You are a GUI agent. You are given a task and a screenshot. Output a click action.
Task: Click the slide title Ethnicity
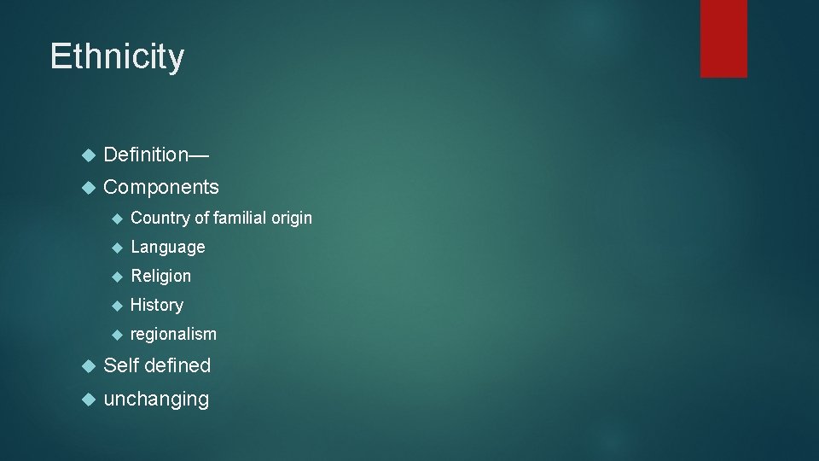coord(117,57)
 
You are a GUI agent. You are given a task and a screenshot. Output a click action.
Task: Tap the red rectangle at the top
coord(723,38)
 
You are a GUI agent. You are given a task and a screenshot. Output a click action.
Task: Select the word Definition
coord(145,155)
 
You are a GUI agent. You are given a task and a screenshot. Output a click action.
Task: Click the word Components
coord(161,187)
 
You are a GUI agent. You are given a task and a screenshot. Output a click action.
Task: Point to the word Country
coord(160,219)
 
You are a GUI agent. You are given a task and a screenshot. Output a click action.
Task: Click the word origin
coord(292,219)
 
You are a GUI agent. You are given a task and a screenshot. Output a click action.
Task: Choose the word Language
coord(168,248)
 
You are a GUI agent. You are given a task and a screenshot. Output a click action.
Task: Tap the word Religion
coord(161,277)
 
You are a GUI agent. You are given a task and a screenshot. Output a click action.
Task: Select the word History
coord(157,305)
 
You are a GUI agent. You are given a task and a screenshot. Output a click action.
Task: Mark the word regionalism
coord(173,334)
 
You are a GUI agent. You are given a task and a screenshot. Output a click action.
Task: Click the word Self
coord(120,365)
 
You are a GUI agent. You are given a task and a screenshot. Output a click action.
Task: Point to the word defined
coord(177,365)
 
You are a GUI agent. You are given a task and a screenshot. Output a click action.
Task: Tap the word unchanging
coord(156,399)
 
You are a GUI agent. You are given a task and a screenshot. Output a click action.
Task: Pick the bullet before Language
coord(117,248)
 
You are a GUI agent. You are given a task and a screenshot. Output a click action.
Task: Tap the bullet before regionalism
coord(117,335)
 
